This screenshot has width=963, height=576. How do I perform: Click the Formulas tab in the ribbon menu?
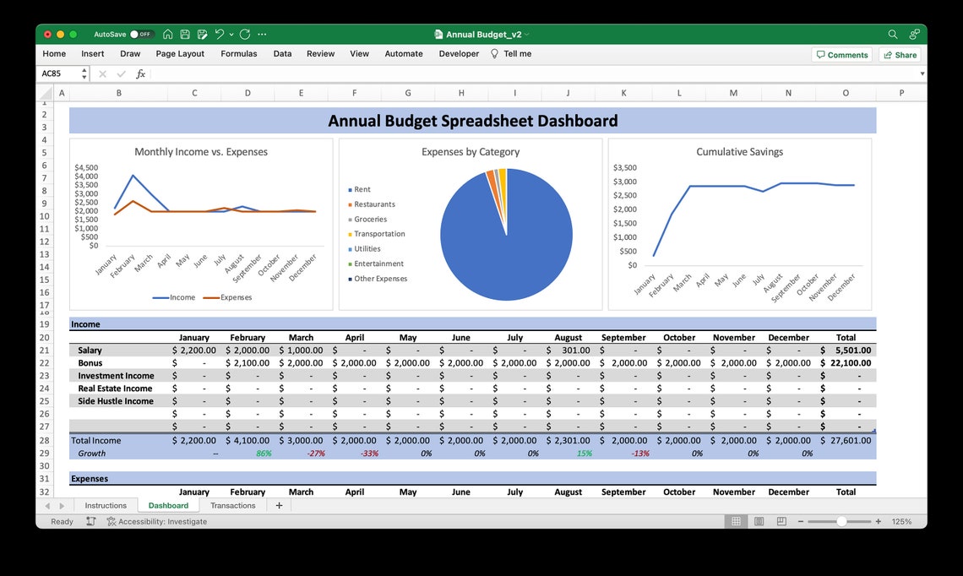point(238,53)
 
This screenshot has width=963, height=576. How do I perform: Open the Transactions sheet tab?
point(232,505)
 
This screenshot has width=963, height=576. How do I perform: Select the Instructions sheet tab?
point(106,505)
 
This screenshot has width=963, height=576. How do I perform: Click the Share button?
point(900,55)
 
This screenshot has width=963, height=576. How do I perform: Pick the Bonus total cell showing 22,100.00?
point(847,362)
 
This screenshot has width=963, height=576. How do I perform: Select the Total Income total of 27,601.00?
point(847,440)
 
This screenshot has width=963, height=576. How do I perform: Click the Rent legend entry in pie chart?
point(362,189)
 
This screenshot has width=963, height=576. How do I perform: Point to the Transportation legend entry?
point(379,234)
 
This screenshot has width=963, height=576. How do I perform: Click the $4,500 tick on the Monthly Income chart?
point(86,167)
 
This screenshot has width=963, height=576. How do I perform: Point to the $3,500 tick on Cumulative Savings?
point(624,167)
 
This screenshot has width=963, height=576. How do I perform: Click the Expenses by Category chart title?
point(471,152)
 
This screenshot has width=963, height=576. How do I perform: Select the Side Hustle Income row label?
point(116,401)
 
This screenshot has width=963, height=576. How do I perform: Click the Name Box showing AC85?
point(59,73)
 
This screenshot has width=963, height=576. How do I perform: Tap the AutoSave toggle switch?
point(141,35)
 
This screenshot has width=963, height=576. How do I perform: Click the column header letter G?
point(407,93)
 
